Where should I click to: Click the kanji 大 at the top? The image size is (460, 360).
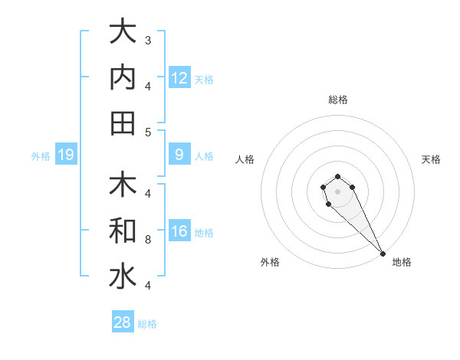(x=122, y=32)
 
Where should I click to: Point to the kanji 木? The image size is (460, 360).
(x=122, y=185)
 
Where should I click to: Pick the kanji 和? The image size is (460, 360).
(x=122, y=231)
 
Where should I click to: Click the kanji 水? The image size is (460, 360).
(x=122, y=277)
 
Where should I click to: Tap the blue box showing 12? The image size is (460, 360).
(x=179, y=77)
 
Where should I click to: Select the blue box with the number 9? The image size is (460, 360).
(x=179, y=155)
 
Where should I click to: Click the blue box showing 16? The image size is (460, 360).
(x=179, y=231)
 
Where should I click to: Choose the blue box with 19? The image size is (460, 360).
(x=66, y=155)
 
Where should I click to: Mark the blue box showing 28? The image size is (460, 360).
(x=123, y=322)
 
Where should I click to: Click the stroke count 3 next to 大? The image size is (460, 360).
(x=148, y=40)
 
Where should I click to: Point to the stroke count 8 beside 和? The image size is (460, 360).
(x=148, y=239)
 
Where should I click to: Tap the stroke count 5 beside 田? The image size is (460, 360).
(x=148, y=132)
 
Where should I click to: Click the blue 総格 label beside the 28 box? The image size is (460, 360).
(x=147, y=324)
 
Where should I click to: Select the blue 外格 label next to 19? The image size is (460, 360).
(x=41, y=156)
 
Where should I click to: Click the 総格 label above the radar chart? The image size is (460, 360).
(x=337, y=100)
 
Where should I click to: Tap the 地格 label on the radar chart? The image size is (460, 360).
(x=402, y=262)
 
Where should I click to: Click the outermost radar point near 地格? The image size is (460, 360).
(x=383, y=253)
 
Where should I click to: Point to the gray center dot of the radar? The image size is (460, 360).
(x=337, y=190)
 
